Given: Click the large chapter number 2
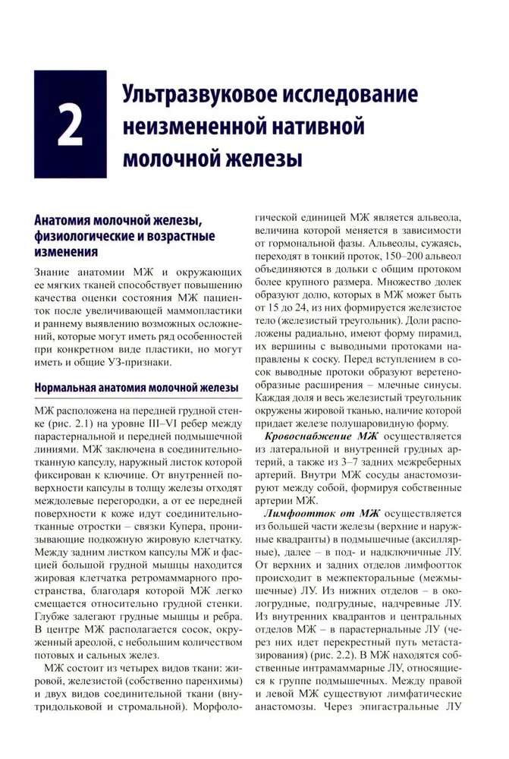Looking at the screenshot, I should tap(70, 126).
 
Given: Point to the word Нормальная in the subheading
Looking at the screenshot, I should tap(72, 388).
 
